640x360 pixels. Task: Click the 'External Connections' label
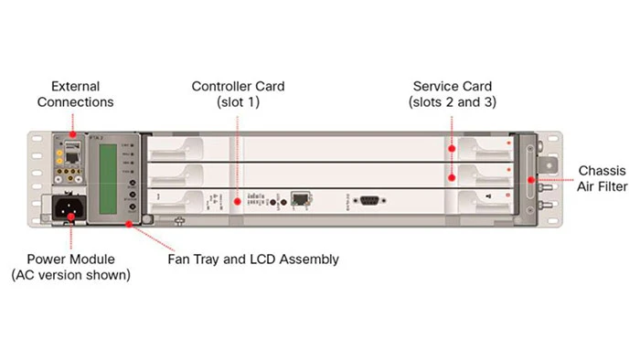click(74, 94)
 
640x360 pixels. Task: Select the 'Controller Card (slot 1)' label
click(238, 94)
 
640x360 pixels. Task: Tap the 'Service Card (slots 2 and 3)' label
click(453, 94)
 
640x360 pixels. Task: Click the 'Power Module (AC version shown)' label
click(70, 267)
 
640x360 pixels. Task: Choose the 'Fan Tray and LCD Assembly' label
click(253, 259)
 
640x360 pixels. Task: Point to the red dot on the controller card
click(238, 199)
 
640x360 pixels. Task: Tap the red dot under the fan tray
click(128, 222)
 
